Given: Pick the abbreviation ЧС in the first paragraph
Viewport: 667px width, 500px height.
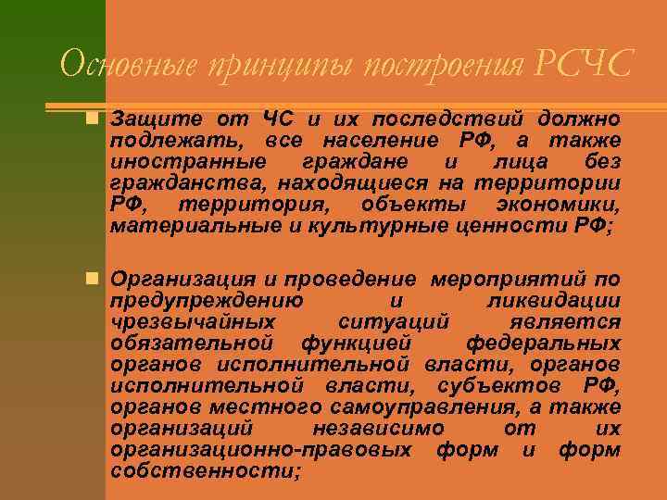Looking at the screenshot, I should pyautogui.click(x=277, y=120).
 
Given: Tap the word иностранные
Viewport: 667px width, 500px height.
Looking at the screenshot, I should pyautogui.click(x=170, y=161).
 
